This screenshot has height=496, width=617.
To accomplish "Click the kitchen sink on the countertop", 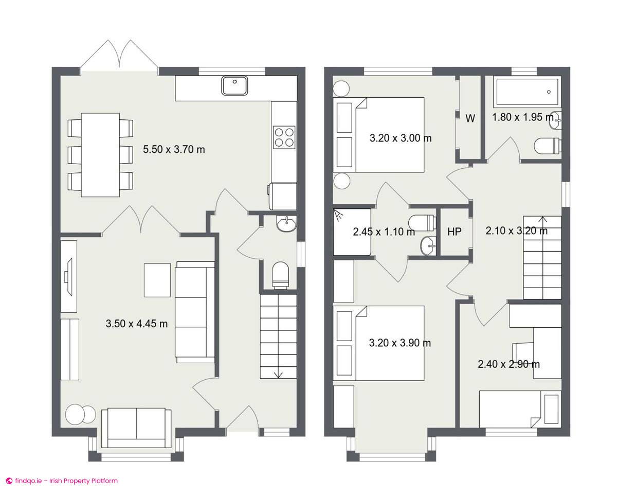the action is (x=234, y=85).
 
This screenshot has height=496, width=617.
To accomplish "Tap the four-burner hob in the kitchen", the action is (x=284, y=137).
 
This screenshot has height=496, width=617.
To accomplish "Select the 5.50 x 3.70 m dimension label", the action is (x=174, y=149).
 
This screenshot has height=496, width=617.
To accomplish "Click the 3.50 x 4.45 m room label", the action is (x=136, y=324).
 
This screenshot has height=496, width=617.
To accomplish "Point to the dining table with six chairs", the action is (x=100, y=155).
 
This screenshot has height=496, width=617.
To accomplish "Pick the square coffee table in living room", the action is (x=157, y=280).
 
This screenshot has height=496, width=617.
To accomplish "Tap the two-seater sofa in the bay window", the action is (x=136, y=428).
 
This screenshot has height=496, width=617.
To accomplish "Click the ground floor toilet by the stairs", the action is (x=280, y=275).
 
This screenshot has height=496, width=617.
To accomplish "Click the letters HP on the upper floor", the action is (x=455, y=232).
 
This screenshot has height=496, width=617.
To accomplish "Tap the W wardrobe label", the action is (x=470, y=118).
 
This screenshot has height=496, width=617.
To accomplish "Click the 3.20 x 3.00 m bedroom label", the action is (x=401, y=138).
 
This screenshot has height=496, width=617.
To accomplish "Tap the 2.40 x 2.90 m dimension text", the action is (x=509, y=364).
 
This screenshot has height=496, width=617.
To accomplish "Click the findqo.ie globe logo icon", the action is (x=9, y=481).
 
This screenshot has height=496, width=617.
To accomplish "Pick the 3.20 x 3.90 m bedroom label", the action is (x=400, y=343).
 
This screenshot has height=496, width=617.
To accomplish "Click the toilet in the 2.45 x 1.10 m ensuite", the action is (x=422, y=223).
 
